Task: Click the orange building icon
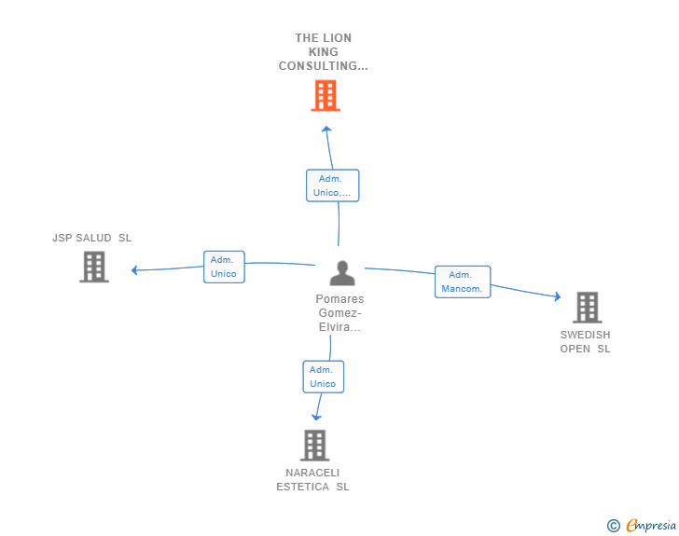click(x=326, y=95)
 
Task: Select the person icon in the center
click(x=342, y=273)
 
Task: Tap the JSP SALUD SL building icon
click(x=94, y=267)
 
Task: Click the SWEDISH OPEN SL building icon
click(x=588, y=308)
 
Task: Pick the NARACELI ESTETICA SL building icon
click(x=315, y=445)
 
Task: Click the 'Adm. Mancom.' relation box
click(x=463, y=282)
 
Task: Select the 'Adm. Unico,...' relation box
click(x=333, y=186)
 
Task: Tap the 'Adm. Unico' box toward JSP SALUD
click(x=224, y=267)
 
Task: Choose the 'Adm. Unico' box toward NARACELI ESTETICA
click(x=323, y=377)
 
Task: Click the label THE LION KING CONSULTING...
click(x=324, y=52)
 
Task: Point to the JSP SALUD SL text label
click(x=91, y=238)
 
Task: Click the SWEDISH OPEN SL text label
click(x=585, y=341)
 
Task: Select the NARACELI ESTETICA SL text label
click(x=312, y=480)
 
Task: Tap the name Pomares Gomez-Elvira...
click(x=339, y=312)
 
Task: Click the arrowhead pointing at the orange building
click(x=327, y=129)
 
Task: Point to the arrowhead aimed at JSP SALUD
click(x=134, y=270)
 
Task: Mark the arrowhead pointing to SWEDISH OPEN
click(x=558, y=296)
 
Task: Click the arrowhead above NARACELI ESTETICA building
click(x=316, y=418)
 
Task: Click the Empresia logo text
click(x=651, y=525)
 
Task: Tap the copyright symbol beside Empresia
click(x=614, y=526)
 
